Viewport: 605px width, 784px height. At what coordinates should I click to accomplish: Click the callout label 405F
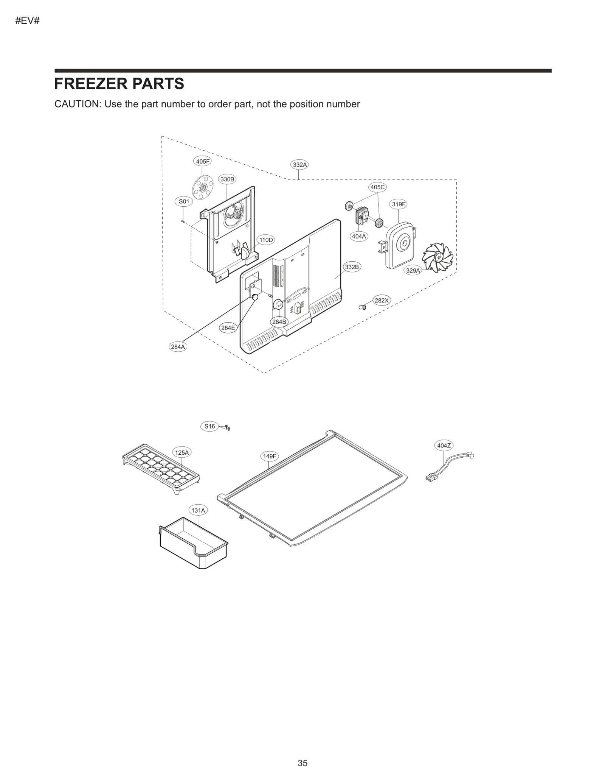click(202, 161)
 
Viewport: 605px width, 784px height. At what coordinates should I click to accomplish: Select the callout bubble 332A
click(300, 165)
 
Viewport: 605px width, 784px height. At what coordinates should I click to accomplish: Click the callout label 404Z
click(444, 446)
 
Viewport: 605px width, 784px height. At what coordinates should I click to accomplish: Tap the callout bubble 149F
click(270, 456)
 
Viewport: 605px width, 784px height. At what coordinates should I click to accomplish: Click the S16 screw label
click(209, 426)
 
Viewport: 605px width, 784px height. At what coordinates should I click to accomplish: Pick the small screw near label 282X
click(362, 307)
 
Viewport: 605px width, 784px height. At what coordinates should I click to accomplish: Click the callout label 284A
click(178, 346)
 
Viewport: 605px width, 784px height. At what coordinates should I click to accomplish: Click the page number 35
click(302, 763)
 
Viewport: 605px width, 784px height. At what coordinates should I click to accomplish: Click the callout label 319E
click(399, 204)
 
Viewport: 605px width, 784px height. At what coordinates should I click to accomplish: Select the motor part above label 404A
click(361, 216)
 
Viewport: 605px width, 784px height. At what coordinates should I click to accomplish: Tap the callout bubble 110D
click(266, 240)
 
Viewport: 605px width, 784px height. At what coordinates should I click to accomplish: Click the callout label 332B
click(352, 267)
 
